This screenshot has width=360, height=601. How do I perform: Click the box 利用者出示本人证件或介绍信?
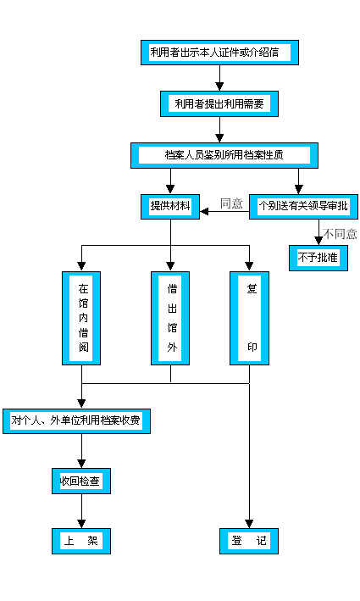[219, 53]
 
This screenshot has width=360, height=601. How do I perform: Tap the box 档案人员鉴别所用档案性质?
[224, 155]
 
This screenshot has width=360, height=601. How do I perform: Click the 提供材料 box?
[170, 207]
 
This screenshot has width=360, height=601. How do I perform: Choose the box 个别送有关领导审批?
[304, 207]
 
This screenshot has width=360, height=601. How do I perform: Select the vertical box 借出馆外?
[171, 318]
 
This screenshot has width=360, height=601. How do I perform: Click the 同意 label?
[231, 203]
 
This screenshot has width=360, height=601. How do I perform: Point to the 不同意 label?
[340, 234]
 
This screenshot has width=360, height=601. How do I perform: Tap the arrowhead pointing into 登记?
[250, 523]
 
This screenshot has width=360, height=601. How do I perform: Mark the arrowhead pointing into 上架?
[82, 523]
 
